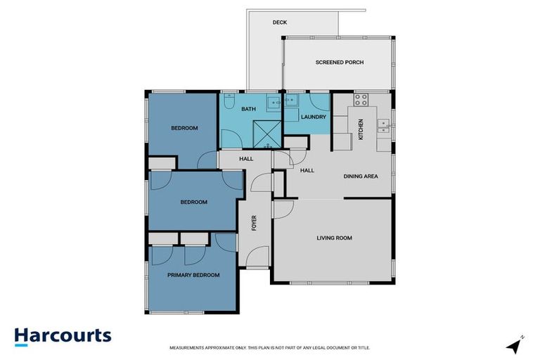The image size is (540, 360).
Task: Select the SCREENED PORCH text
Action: point(339,62)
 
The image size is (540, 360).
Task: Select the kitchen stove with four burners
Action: point(362,100)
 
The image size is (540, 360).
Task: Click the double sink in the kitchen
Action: point(384,127)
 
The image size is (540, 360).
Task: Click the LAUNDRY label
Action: point(313,117)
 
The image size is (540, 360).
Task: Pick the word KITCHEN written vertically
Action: point(361,129)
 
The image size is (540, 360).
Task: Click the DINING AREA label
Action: point(361,176)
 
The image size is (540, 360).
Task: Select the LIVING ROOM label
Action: point(334,238)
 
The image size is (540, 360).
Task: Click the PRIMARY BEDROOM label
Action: point(193,275)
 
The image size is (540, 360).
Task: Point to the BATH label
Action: point(248,110)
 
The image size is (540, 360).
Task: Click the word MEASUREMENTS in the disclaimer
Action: point(186,348)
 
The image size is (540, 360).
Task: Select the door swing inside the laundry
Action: point(320,101)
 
